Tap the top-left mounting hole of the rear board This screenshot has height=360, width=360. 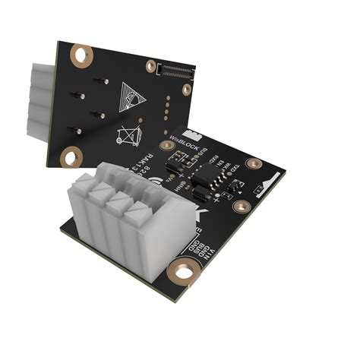click(80, 55)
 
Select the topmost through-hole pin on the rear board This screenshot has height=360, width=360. click(103, 81)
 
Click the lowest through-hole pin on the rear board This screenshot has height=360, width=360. click(76, 131)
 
